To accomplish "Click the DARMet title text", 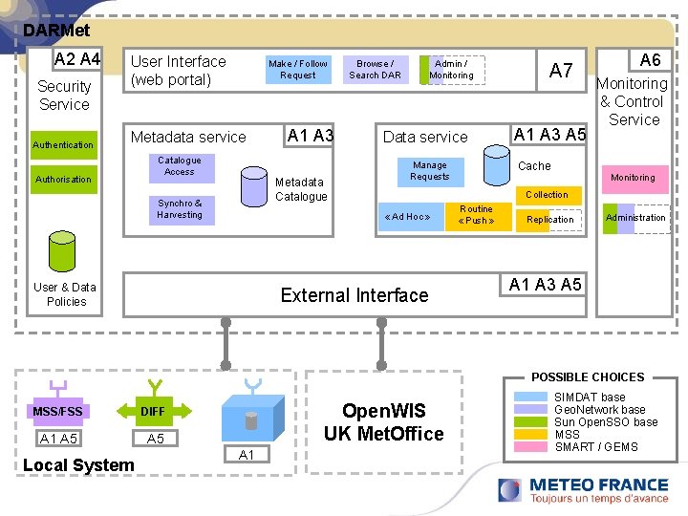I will pos(56,31).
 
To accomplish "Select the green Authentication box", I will pos(63,145).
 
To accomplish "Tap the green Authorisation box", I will pos(63,180).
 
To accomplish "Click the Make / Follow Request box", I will pos(298,70).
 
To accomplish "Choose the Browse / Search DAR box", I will pos(375,70).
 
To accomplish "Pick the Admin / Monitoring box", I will pos(451,70).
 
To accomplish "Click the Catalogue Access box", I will pos(180,166).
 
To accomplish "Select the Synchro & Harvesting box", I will pos(180,209).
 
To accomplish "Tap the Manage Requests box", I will pos(429,171).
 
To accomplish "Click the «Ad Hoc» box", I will pos(407,217).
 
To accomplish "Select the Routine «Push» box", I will pos(476,215).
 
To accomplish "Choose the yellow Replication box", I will pos(550,220).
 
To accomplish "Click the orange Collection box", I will pos(547,195).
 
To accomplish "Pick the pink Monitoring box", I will pos(633,178).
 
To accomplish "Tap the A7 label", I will pos(561,70).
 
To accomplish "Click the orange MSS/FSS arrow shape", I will pos(58,411).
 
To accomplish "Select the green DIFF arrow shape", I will pos(153,411).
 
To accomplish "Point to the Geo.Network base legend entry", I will pos(600,410).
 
